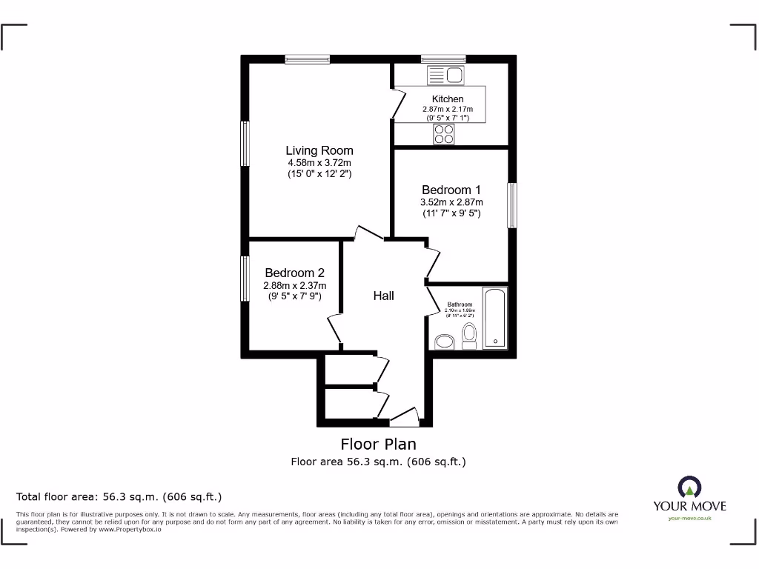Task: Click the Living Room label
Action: point(319,150)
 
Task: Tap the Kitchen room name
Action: point(448,99)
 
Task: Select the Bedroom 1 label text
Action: point(452,189)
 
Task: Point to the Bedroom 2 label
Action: point(294,273)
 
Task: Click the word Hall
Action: point(383,296)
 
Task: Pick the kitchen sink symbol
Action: point(445,75)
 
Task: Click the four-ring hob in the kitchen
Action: point(444,134)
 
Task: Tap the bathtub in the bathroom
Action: point(494,318)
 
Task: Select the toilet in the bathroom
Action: point(468,336)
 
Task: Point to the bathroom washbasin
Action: point(445,341)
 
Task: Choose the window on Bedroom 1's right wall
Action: point(512,205)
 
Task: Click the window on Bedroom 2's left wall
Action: point(244,279)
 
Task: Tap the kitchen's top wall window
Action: point(443,59)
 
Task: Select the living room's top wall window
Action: point(308,59)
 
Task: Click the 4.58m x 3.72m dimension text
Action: point(319,163)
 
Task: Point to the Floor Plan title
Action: point(378,445)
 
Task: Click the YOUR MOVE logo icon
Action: point(689,487)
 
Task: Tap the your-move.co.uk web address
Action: point(689,519)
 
